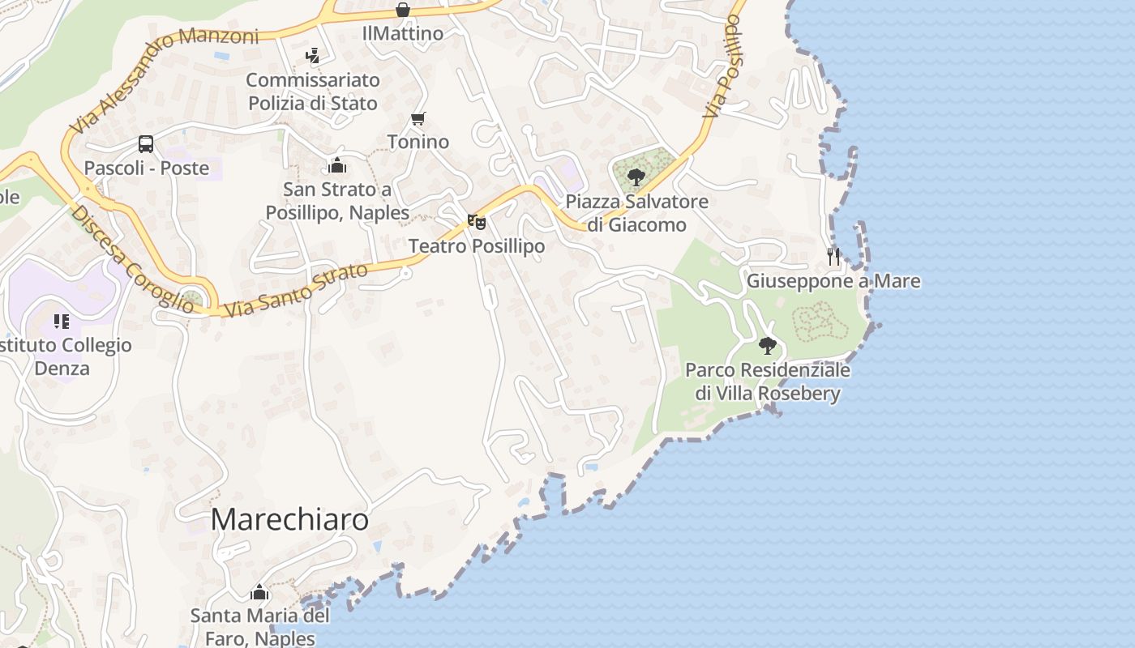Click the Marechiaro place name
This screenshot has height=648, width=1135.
(289, 520)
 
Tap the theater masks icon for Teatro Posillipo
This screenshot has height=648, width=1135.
(476, 221)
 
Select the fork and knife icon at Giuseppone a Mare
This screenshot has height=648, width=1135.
(833, 256)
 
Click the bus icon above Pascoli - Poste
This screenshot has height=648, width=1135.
(146, 144)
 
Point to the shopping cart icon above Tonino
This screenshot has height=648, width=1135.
(418, 119)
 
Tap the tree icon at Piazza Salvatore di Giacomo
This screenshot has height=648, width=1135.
(636, 177)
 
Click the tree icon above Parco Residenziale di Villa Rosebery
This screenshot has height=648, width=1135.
(767, 346)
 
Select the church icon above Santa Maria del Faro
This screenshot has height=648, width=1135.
(259, 592)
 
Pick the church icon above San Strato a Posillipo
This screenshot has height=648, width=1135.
(337, 165)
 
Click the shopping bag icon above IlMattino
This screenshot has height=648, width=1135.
(403, 10)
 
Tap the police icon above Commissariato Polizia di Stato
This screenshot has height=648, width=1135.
(312, 56)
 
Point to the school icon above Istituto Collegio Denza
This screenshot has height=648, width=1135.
(62, 322)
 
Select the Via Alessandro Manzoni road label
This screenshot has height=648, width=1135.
(162, 79)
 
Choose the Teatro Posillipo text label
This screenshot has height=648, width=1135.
(476, 245)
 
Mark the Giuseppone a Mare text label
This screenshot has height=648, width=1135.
(833, 281)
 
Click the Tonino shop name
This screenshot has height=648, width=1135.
(418, 142)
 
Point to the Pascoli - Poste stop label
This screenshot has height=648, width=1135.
(147, 168)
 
